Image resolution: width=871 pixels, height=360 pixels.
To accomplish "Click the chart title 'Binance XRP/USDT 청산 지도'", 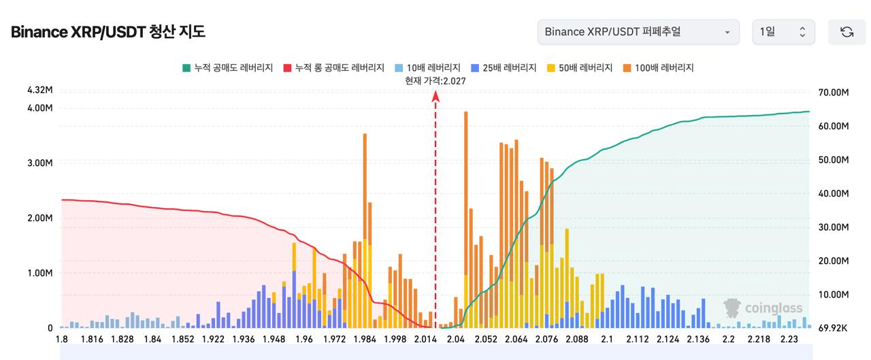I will tap(108, 32).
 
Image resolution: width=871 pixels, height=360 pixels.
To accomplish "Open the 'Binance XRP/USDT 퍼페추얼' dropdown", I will tap(638, 32).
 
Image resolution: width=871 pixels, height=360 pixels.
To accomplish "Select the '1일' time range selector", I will tap(783, 32).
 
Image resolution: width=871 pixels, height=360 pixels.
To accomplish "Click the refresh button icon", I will tap(847, 32).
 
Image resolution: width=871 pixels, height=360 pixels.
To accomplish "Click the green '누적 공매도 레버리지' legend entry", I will tap(227, 68).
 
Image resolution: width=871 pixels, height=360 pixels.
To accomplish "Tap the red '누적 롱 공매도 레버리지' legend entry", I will tap(335, 68).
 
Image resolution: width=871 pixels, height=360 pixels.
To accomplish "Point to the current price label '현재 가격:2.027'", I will tap(435, 80).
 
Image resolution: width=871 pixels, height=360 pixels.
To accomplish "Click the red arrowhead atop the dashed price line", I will tap(435, 97).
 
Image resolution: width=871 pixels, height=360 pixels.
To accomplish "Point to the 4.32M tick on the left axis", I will tap(40, 90).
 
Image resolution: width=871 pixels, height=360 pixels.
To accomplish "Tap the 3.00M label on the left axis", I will tap(40, 163).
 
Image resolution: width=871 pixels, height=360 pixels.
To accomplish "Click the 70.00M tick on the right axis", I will tap(833, 93).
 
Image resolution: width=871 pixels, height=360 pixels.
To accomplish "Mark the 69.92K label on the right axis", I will tap(833, 328).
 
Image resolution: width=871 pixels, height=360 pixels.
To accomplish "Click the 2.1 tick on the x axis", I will tap(608, 340).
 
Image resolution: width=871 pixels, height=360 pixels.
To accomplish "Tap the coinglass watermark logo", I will tap(763, 308).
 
